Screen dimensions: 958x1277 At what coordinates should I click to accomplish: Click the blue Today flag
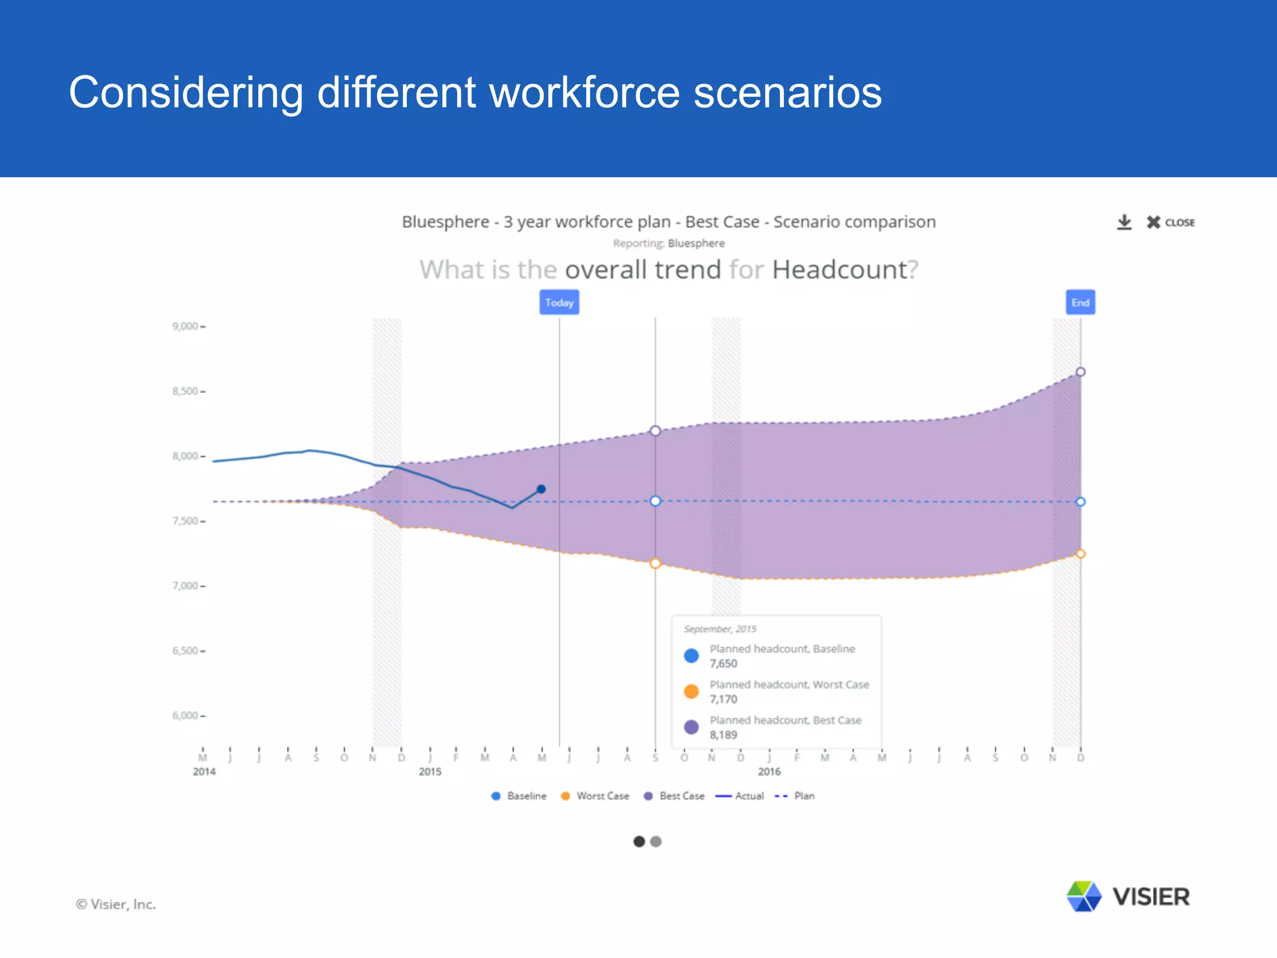tap(559, 302)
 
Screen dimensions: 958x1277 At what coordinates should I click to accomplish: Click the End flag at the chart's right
tap(1080, 302)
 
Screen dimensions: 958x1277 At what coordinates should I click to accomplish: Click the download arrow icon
tap(1124, 222)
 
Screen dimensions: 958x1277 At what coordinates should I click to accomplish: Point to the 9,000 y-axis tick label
tap(185, 326)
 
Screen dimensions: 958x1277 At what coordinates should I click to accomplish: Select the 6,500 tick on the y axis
tap(185, 651)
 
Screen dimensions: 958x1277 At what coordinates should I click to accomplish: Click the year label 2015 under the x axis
tap(430, 772)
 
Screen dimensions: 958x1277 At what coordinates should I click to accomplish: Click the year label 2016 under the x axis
tap(769, 772)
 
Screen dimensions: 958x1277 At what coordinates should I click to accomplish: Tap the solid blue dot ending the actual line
tap(541, 489)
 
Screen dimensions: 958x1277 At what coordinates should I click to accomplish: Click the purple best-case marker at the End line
tap(1081, 372)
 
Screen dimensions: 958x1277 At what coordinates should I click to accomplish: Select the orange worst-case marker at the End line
tap(1081, 554)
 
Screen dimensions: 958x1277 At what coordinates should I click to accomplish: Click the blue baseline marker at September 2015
tap(655, 501)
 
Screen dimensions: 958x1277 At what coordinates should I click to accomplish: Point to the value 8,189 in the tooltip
tap(723, 735)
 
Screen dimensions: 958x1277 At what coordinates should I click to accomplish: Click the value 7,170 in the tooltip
tap(723, 699)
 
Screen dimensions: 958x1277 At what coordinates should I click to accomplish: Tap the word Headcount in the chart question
tap(839, 269)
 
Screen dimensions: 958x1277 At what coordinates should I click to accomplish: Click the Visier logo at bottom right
tap(1128, 897)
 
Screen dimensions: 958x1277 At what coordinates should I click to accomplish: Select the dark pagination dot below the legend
tap(638, 841)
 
